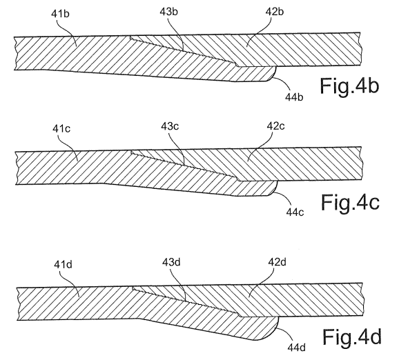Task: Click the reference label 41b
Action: pyautogui.click(x=60, y=14)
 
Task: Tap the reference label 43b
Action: pyautogui.click(x=168, y=12)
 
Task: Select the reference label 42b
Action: pyautogui.click(x=275, y=12)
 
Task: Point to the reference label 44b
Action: pyautogui.click(x=294, y=97)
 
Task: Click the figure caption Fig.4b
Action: pyautogui.click(x=349, y=86)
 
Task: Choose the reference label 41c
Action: pyautogui.click(x=61, y=129)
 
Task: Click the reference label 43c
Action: pyautogui.click(x=170, y=126)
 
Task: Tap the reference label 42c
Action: pyautogui.click(x=276, y=126)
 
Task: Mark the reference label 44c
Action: pyautogui.click(x=295, y=212)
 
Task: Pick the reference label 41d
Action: pyautogui.click(x=63, y=265)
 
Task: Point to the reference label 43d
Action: pyautogui.click(x=171, y=262)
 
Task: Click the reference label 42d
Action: pyautogui.click(x=278, y=262)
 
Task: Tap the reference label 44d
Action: pyautogui.click(x=297, y=348)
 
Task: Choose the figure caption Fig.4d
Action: pyautogui.click(x=352, y=337)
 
